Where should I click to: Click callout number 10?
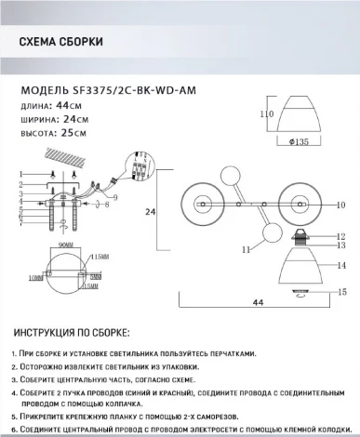(340, 204)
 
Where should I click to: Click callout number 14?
(340, 265)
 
